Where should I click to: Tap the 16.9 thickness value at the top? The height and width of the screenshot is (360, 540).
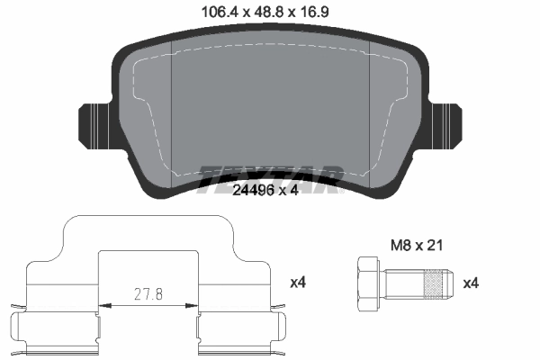point(311,12)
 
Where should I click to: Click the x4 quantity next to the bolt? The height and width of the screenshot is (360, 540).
point(471,283)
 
